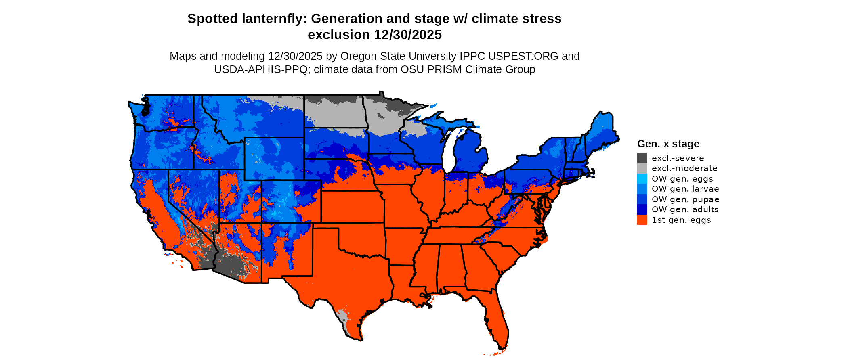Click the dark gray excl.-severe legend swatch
pos(642,158)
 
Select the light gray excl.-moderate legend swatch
pos(642,168)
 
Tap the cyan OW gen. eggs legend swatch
pos(642,179)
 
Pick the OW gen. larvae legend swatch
pos(642,189)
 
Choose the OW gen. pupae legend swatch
pos(642,199)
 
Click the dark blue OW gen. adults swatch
pos(642,209)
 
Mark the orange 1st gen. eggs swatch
pos(642,220)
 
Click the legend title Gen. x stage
pos(668,144)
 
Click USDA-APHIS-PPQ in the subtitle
pos(261,69)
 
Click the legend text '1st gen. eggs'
pos(681,220)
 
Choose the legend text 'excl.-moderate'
pos(684,168)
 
